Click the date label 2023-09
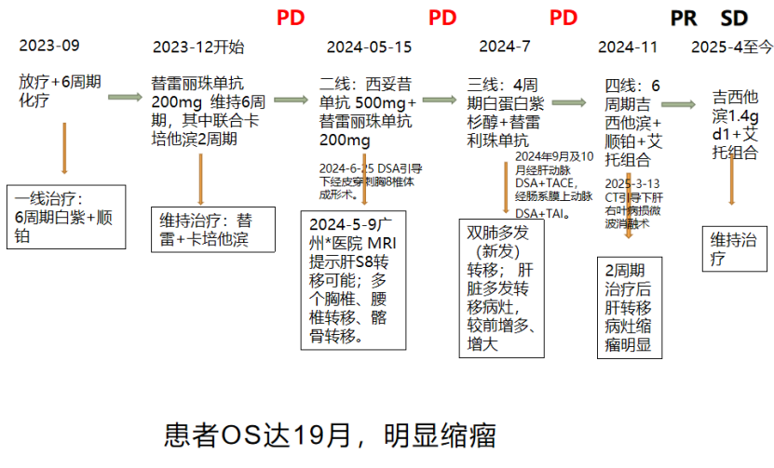[x=49, y=46]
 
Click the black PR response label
[x=685, y=18]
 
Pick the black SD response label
[x=735, y=18]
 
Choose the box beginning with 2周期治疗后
[x=629, y=307]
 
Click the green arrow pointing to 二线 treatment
[x=291, y=98]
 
